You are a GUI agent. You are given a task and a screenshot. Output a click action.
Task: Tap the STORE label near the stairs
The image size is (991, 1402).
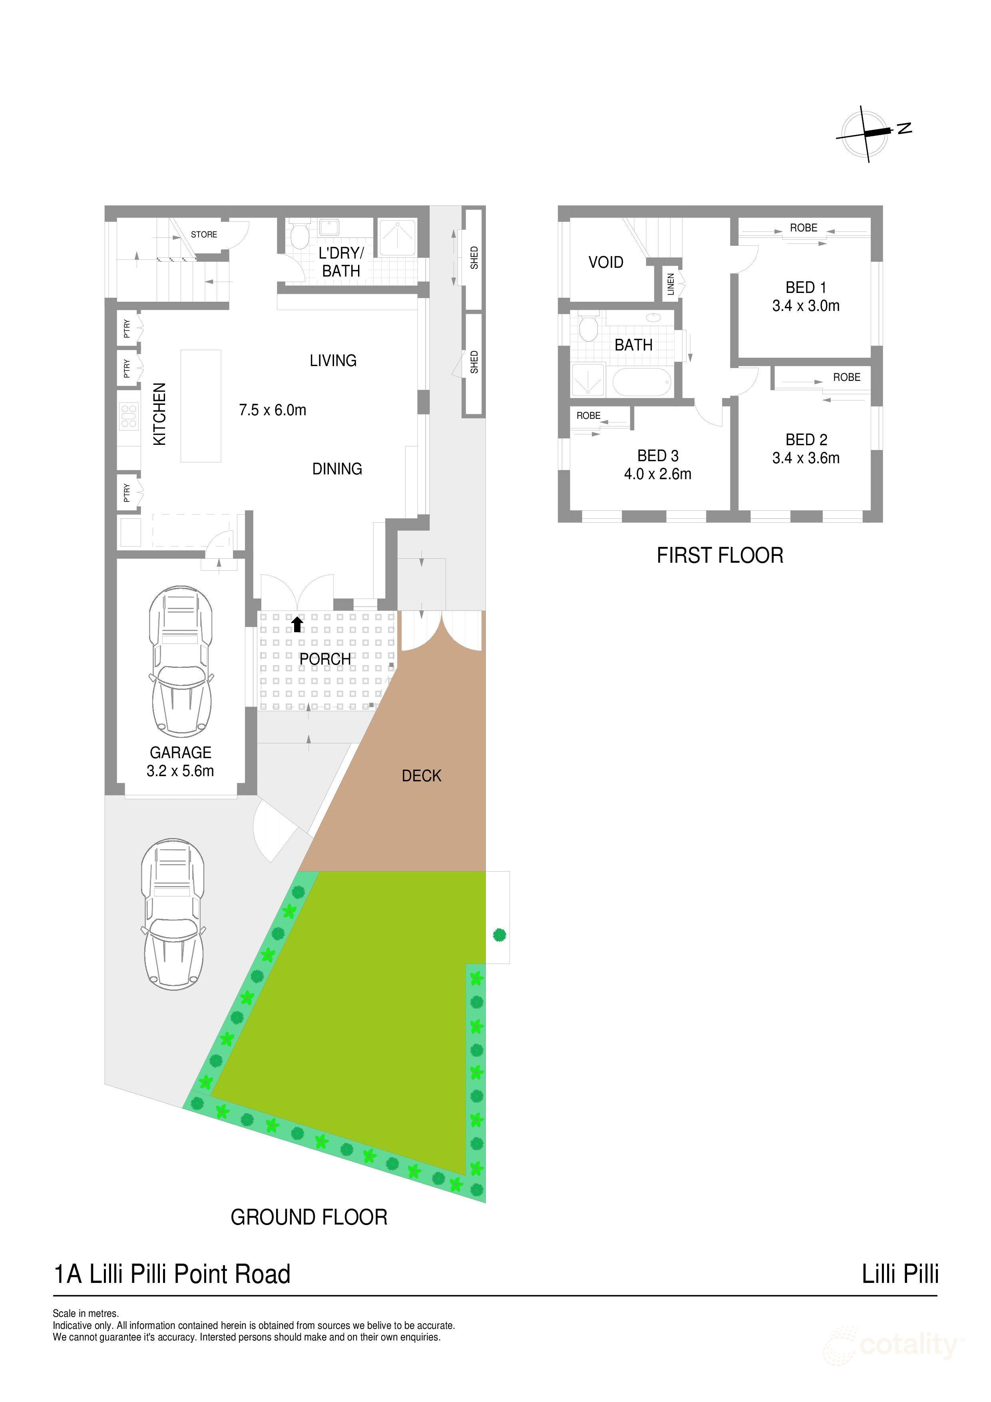pos(204,235)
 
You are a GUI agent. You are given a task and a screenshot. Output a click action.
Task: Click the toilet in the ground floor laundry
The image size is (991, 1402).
pos(299,235)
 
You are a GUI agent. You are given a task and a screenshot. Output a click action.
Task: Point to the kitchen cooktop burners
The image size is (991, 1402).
pos(129,416)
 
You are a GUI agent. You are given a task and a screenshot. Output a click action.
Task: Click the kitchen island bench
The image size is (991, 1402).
pos(201,406)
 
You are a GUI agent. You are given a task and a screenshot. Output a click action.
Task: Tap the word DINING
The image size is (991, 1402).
pos(337,469)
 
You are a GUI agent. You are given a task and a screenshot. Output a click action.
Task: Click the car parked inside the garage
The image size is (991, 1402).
pos(181,661)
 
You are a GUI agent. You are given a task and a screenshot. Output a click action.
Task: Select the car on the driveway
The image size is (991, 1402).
pos(173,914)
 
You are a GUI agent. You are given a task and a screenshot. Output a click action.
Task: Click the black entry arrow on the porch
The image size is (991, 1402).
pos(297,623)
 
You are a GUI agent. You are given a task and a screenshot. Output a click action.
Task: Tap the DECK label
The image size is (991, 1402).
pos(421,776)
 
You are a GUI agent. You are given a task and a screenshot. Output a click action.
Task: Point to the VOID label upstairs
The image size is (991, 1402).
pos(606,263)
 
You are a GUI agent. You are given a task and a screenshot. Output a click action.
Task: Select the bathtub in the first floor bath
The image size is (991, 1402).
pos(642,382)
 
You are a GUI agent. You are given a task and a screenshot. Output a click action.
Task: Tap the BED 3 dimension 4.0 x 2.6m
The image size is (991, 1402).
pos(658,474)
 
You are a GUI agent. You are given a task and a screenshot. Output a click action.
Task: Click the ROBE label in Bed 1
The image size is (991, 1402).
pos(804,228)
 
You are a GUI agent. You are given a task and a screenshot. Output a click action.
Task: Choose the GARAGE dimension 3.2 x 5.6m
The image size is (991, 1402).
pos(180,771)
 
